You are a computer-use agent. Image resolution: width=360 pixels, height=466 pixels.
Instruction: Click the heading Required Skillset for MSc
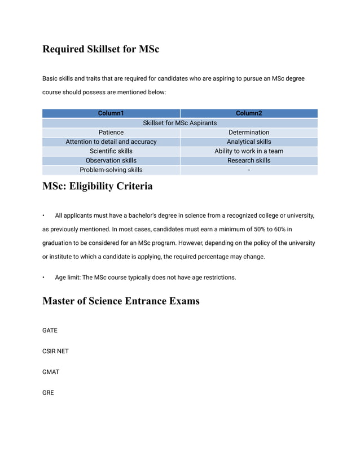click(101, 49)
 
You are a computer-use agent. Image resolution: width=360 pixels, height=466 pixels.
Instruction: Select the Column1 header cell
click(111, 113)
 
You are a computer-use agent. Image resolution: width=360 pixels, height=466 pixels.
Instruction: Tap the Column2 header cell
click(249, 113)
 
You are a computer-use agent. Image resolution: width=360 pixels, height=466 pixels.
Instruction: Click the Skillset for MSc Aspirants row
click(179, 123)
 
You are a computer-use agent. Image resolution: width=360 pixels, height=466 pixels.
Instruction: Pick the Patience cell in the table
click(111, 133)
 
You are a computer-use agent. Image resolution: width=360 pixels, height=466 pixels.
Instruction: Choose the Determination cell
click(249, 133)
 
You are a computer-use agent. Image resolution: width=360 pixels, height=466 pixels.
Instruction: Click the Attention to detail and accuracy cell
click(111, 142)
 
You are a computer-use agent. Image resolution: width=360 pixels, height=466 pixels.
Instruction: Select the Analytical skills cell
click(249, 142)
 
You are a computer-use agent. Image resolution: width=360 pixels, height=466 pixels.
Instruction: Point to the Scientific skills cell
click(111, 151)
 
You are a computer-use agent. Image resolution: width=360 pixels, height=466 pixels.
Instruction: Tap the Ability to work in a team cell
click(249, 151)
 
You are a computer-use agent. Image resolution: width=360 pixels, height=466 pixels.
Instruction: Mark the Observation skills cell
click(111, 161)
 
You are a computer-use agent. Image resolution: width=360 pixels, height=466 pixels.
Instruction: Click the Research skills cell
click(249, 161)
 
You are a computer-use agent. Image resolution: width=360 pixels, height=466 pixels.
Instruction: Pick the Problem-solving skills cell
click(111, 170)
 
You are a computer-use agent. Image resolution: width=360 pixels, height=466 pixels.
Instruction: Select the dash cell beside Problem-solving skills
click(249, 170)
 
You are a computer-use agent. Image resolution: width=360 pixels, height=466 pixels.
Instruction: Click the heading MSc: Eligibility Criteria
click(97, 186)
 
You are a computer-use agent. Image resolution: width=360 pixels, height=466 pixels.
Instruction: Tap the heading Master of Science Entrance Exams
click(121, 301)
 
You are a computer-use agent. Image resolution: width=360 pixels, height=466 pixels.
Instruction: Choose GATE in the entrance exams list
click(50, 331)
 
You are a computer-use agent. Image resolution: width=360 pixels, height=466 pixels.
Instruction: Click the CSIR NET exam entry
click(55, 351)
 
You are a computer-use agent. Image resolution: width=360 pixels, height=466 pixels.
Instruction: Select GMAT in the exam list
click(51, 372)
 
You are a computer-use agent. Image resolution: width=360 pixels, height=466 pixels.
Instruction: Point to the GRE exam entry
click(48, 393)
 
